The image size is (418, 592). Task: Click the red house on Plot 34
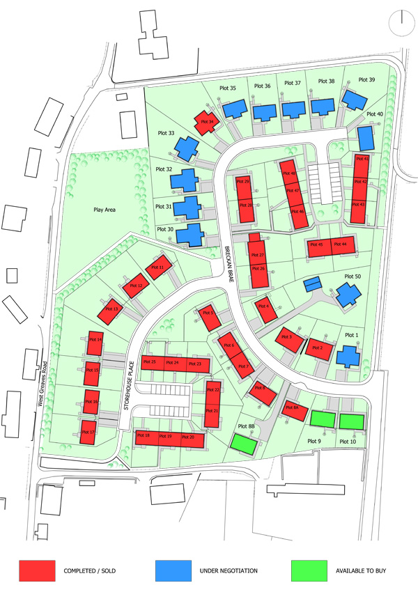tap(206, 122)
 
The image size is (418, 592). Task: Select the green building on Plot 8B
tap(243, 444)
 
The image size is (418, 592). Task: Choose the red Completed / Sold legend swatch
tap(37, 570)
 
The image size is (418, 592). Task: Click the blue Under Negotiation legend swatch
tap(173, 570)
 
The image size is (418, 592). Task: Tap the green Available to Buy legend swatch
tap(309, 570)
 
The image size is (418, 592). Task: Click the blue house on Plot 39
tap(355, 101)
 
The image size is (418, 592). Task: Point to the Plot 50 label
tap(353, 276)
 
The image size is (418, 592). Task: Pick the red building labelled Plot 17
tap(88, 432)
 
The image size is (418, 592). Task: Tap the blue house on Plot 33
tap(186, 148)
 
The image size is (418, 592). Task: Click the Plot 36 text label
tap(263, 86)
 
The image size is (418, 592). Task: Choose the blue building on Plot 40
tap(365, 137)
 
